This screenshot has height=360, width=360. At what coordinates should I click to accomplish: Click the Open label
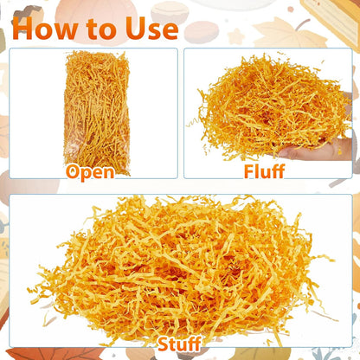pos(90,172)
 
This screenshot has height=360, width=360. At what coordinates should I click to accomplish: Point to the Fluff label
pos(264,171)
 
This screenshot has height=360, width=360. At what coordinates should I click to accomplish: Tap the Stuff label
pos(179,344)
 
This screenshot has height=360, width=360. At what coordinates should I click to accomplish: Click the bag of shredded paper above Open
pos(97,112)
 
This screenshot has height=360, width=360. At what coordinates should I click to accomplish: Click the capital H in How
pos(22,29)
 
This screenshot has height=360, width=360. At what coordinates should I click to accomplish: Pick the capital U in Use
pos(135,29)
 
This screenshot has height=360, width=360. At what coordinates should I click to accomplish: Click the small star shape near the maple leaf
pos(236,36)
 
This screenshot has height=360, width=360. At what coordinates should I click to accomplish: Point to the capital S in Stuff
pos(164,344)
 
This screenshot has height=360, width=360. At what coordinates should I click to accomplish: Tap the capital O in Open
pos(73,172)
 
